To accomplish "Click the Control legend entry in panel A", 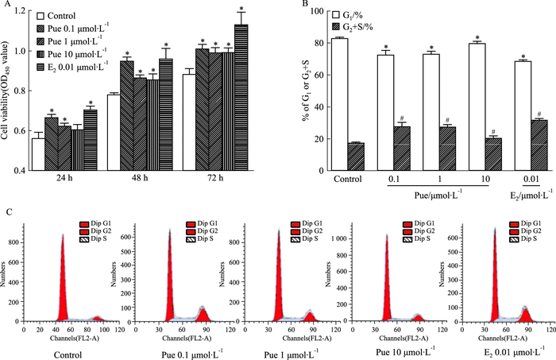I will coord(71,15).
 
